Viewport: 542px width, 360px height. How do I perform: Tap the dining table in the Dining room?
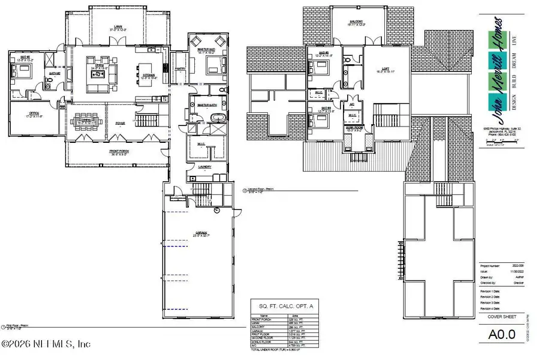click(x=86, y=122)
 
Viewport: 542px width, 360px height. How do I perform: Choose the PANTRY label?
click(x=179, y=68)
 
